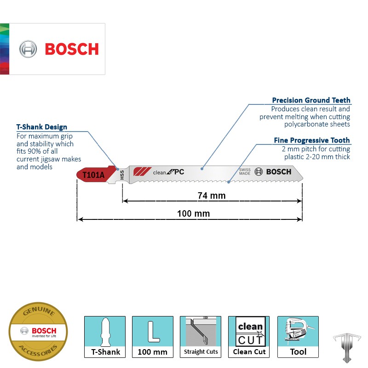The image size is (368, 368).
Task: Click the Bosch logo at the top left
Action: (x=58, y=49)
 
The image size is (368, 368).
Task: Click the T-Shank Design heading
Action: (x=42, y=127)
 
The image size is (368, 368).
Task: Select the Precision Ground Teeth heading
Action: (x=311, y=100)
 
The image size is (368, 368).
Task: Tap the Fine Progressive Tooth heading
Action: (x=312, y=140)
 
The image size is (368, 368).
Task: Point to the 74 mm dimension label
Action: (x=212, y=195)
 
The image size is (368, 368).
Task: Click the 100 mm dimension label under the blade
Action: (x=193, y=213)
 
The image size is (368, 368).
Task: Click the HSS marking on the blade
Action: (x=122, y=175)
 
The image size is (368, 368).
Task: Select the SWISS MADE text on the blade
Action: (x=245, y=172)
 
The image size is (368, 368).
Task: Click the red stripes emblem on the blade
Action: (x=140, y=172)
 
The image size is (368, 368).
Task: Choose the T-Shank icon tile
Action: (x=105, y=337)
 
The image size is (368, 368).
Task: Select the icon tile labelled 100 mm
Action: (x=153, y=337)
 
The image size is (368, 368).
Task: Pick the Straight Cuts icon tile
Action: (x=201, y=337)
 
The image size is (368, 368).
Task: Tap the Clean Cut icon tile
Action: (x=249, y=337)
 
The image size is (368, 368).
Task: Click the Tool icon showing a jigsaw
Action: (x=298, y=337)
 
